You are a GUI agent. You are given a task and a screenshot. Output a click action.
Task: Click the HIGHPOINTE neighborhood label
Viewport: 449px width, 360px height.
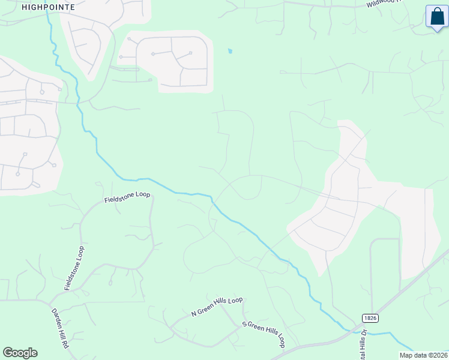click(48, 7)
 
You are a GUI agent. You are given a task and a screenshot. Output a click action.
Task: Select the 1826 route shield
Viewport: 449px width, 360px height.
click(370, 317)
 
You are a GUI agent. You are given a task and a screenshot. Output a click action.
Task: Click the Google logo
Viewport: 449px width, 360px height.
click(20, 353)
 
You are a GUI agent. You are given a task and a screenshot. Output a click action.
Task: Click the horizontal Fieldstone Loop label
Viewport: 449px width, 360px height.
click(127, 197)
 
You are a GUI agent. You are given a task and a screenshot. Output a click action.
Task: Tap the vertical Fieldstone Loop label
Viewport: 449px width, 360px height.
click(74, 268)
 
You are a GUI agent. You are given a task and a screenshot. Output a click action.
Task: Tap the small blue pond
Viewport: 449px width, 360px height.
click(229, 51)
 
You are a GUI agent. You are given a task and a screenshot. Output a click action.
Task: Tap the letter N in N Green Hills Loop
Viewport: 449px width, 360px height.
click(194, 313)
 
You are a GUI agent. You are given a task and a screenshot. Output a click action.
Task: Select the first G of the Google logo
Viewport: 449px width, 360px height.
click(8, 353)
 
